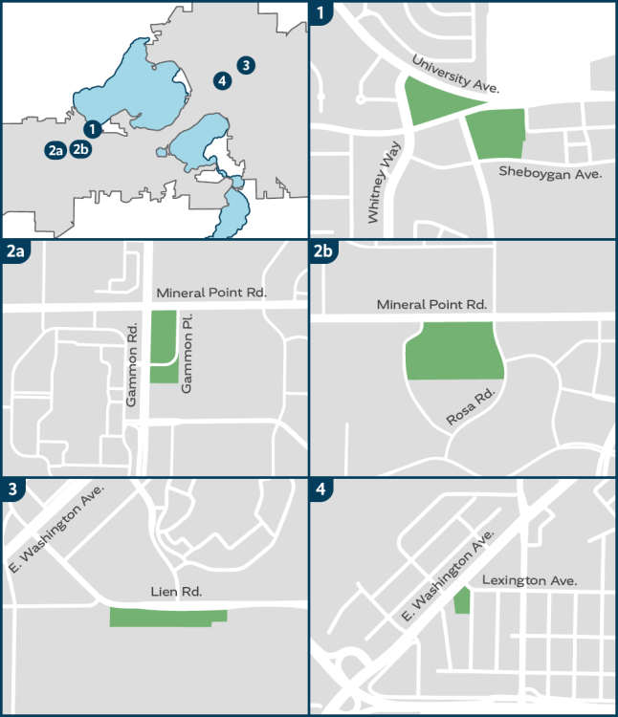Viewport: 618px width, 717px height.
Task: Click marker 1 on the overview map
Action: (x=92, y=128)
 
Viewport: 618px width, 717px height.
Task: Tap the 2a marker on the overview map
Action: (x=55, y=149)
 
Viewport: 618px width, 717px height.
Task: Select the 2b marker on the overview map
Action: (x=81, y=149)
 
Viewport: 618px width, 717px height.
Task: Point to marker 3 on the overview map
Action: (x=247, y=65)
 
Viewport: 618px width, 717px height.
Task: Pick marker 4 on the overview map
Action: (x=223, y=80)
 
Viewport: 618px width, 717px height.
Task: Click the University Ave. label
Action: (x=456, y=75)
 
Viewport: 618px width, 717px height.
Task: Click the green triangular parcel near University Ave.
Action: (x=435, y=102)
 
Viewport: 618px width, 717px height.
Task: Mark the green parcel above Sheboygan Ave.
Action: (x=497, y=134)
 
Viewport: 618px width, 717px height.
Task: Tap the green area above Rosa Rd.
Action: (x=454, y=352)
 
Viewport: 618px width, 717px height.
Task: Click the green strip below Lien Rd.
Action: (x=167, y=618)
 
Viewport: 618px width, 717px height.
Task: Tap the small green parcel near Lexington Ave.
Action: (x=462, y=601)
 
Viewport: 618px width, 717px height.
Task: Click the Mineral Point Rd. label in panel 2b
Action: (x=432, y=305)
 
